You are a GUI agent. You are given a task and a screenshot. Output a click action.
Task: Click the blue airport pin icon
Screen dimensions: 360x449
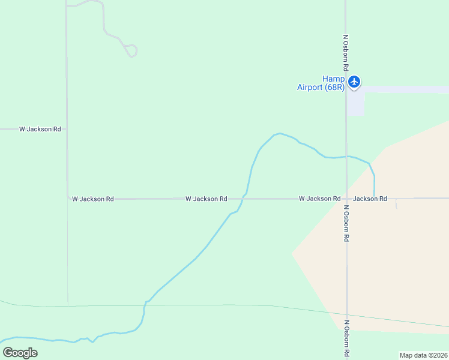click(354, 82)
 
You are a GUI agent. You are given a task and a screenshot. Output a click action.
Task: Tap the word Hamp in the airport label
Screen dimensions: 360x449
click(334, 79)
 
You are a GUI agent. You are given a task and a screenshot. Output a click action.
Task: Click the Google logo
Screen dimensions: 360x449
click(20, 352)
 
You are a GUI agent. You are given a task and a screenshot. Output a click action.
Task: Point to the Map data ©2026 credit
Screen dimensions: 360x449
click(423, 355)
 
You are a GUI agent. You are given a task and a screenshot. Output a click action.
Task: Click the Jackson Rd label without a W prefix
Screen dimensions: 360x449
click(370, 199)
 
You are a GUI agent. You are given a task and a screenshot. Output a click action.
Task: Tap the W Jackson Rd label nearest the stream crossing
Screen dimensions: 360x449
click(206, 199)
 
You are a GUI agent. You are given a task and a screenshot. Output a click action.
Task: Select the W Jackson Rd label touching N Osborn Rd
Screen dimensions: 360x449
click(319, 199)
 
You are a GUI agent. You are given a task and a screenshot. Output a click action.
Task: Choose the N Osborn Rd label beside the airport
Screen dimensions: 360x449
click(346, 50)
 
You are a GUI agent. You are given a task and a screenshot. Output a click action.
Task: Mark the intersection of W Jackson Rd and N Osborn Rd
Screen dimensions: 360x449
click(346, 199)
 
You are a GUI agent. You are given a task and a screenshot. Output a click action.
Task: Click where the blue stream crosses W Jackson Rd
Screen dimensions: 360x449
click(243, 198)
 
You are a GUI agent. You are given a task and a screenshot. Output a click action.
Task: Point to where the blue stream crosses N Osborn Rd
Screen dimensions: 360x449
click(346, 157)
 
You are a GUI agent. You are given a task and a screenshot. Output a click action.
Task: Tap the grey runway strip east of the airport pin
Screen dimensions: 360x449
click(408, 89)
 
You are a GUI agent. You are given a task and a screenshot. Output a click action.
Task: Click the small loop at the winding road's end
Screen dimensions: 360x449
click(131, 50)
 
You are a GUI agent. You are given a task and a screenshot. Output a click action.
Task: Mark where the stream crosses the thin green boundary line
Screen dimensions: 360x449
click(145, 305)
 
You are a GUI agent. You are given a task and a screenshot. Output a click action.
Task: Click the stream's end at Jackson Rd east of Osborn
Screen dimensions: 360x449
click(374, 197)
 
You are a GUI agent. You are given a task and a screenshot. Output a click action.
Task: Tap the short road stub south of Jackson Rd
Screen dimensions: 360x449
click(397, 205)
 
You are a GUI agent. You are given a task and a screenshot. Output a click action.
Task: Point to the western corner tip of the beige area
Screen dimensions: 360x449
click(292, 253)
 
